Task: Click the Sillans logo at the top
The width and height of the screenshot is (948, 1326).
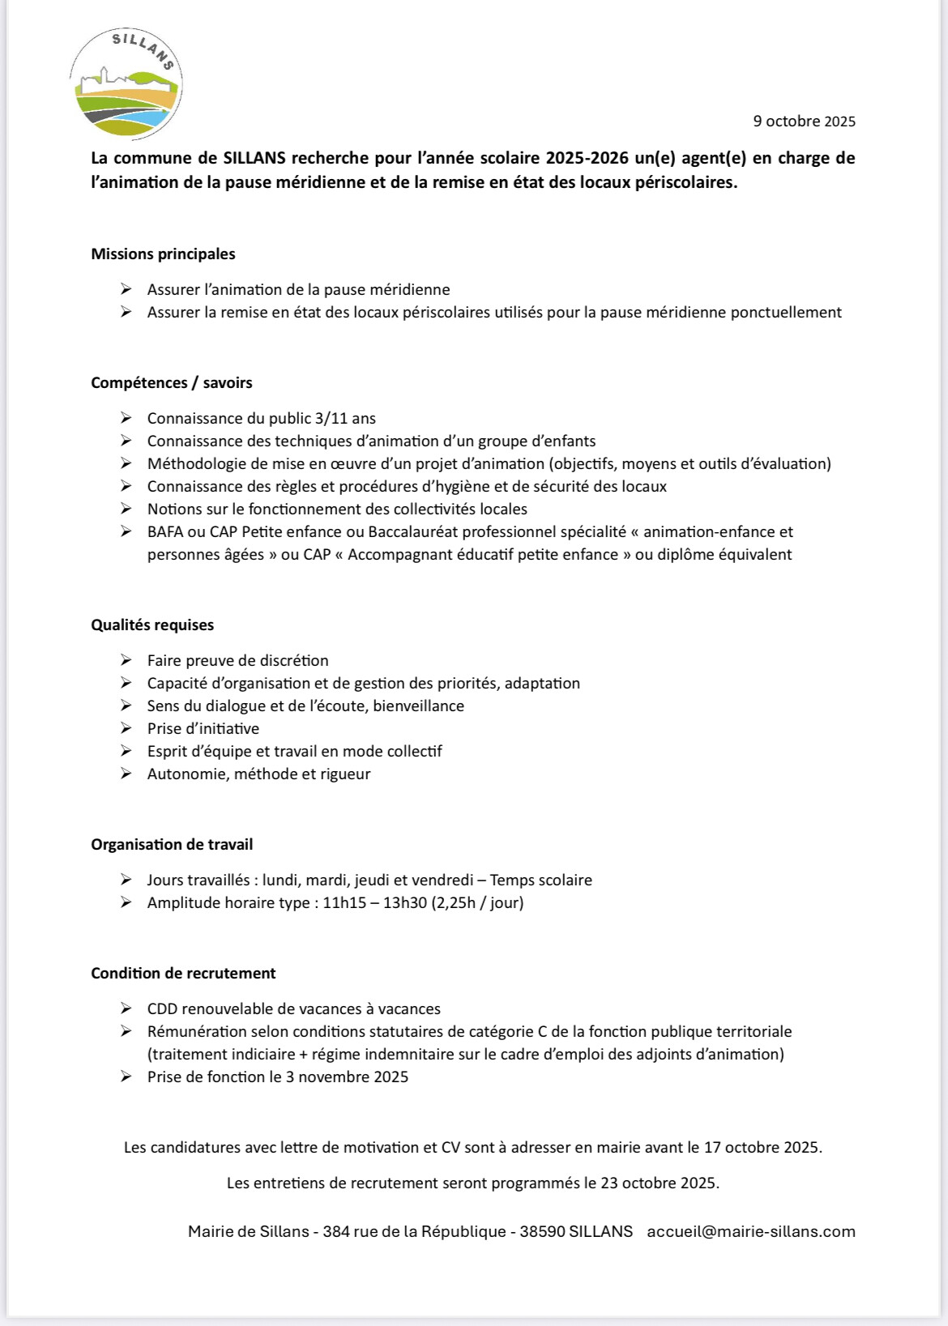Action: [x=126, y=83]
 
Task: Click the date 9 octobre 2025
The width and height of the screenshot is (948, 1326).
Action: [x=804, y=122]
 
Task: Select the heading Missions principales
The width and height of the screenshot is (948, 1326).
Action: [x=163, y=254]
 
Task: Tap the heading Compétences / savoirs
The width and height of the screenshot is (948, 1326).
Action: [x=172, y=383]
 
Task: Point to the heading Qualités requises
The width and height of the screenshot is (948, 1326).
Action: [x=152, y=625]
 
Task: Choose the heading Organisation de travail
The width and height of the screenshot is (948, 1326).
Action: [x=172, y=845]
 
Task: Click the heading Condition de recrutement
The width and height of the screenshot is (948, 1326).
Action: [x=183, y=974]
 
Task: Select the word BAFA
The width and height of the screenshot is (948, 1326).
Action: [x=165, y=532]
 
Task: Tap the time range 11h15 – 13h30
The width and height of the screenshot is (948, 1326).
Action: [x=375, y=903]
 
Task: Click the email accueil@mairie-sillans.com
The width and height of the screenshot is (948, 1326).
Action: [x=751, y=1232]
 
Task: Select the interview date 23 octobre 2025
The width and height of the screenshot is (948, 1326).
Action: [x=659, y=1183]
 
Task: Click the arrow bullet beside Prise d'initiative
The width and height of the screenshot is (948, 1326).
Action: [x=126, y=728]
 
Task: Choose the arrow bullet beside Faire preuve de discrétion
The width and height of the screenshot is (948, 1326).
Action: [x=126, y=660]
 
